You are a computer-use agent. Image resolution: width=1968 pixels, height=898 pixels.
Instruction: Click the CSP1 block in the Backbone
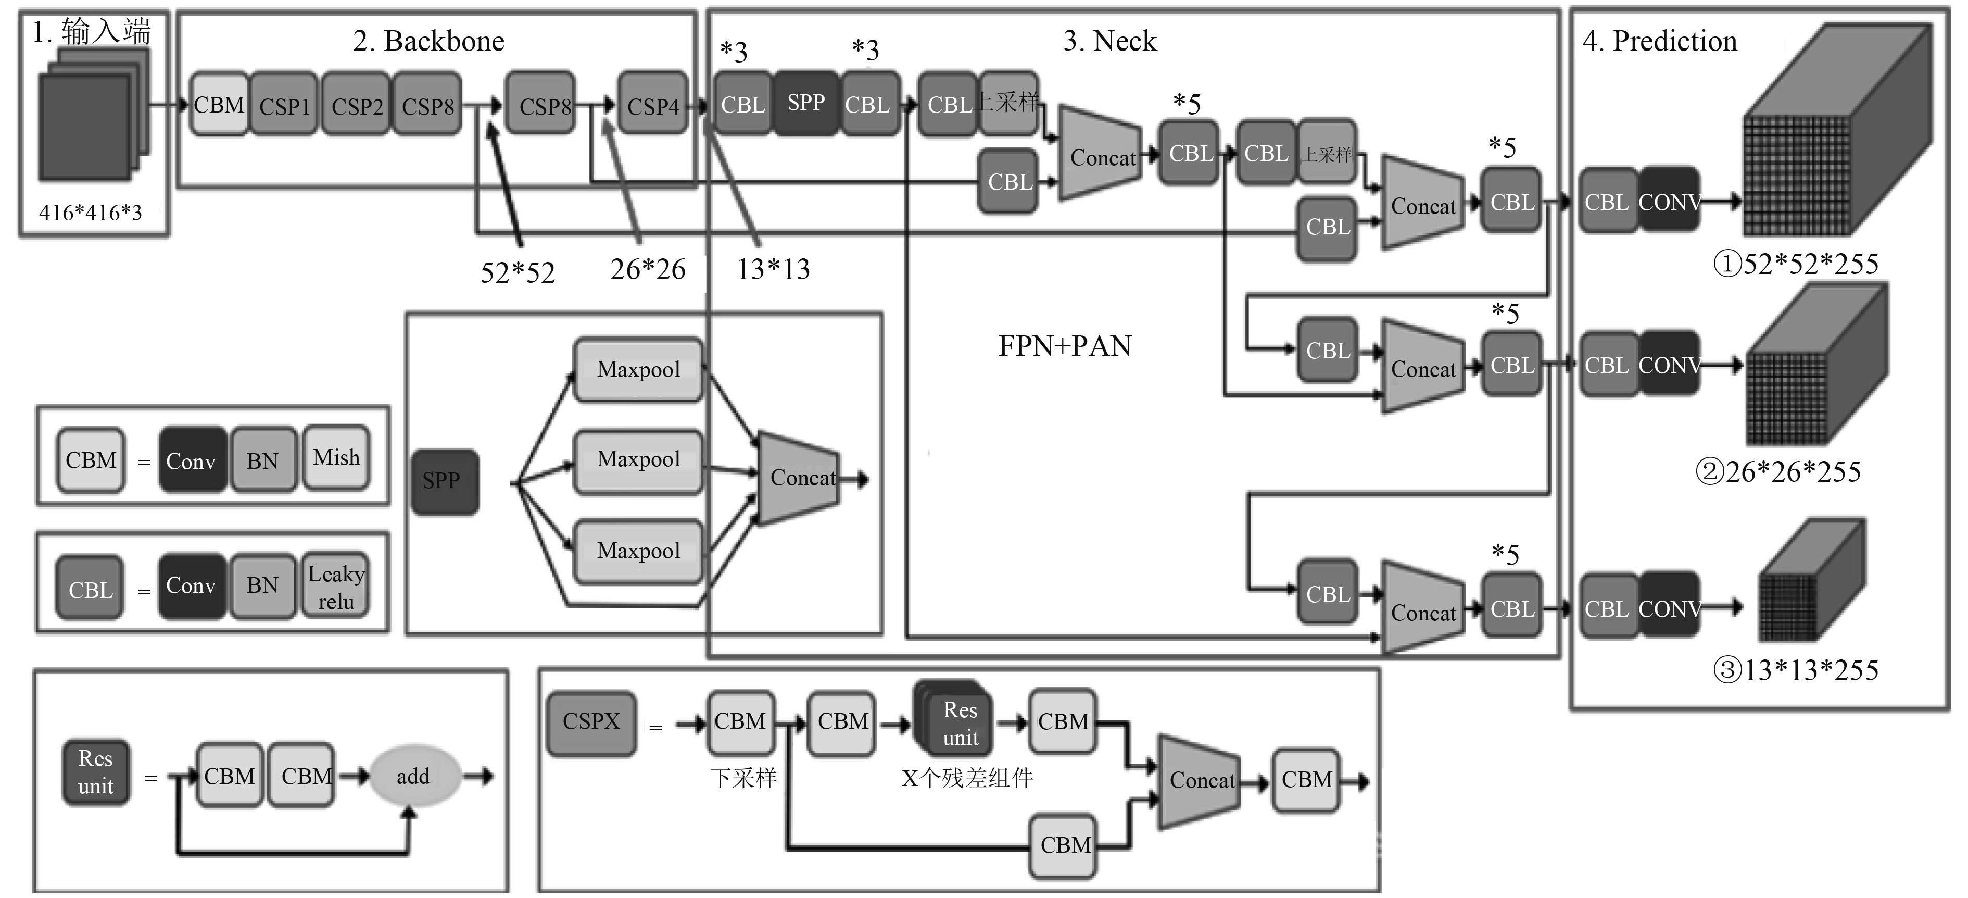pyautogui.click(x=284, y=105)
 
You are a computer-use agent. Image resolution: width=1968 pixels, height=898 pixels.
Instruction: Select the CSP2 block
pyautogui.click(x=356, y=105)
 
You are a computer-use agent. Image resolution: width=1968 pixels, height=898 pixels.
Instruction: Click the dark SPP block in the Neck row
pyautogui.click(x=806, y=103)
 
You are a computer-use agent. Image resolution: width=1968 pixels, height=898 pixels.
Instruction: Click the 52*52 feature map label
pyautogui.click(x=517, y=272)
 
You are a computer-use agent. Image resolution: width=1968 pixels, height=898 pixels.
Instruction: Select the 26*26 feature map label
pyautogui.click(x=647, y=269)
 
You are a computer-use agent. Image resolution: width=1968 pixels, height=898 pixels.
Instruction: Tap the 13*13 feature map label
pyautogui.click(x=773, y=269)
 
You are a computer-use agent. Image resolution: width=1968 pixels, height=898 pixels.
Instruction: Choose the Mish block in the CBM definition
pyautogui.click(x=336, y=458)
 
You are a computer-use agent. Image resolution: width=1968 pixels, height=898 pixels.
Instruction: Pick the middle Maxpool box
pyautogui.click(x=638, y=460)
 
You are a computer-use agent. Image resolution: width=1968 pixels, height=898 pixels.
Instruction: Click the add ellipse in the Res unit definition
pyautogui.click(x=413, y=777)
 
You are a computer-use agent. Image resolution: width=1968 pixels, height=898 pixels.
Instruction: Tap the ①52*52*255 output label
pyautogui.click(x=1795, y=264)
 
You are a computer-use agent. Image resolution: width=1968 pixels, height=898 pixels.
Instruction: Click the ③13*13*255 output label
pyautogui.click(x=1795, y=670)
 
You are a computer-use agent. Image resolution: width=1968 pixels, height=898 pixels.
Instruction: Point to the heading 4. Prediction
pyautogui.click(x=1659, y=41)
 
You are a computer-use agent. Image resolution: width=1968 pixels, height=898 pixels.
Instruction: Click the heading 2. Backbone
pyautogui.click(x=428, y=41)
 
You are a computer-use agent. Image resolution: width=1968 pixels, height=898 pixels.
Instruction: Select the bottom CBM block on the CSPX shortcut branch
pyautogui.click(x=1064, y=845)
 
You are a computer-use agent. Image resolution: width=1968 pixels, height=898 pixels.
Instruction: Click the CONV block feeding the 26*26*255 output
pyautogui.click(x=1669, y=365)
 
